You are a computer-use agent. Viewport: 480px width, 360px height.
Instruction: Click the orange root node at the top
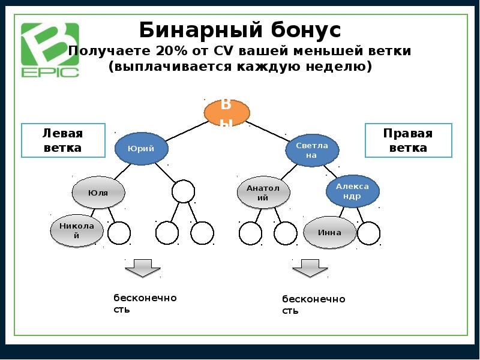tap(227, 113)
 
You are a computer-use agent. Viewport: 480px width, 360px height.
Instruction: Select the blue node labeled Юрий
tap(142, 149)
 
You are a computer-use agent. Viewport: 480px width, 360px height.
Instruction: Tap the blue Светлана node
tap(311, 150)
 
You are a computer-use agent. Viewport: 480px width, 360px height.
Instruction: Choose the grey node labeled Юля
tap(98, 193)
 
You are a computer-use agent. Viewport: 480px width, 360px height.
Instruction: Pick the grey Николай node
tap(77, 231)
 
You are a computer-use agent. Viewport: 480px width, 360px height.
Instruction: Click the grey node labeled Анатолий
tap(263, 193)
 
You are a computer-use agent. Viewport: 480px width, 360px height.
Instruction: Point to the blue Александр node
tap(353, 191)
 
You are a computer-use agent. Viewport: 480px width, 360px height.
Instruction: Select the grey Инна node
tap(330, 233)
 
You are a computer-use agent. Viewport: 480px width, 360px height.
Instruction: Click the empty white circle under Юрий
tap(183, 192)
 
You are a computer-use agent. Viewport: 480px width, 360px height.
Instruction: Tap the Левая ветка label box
tap(63, 140)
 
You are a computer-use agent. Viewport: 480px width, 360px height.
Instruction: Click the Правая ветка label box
tap(409, 140)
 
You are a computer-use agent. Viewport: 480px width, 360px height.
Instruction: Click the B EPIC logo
tap(50, 50)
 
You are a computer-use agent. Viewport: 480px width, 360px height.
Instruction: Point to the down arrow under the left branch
tap(142, 268)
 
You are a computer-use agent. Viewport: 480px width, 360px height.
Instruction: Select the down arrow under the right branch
tap(310, 268)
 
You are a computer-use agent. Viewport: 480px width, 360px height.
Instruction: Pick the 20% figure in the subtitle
tap(172, 51)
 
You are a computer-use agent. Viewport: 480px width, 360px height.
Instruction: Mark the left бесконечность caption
tap(145, 304)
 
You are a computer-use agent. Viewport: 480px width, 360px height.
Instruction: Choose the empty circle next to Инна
tap(368, 233)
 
